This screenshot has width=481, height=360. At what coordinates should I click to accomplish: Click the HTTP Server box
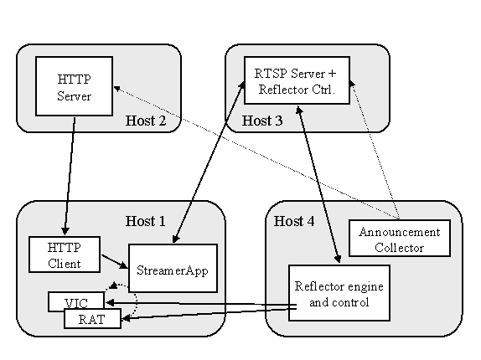[75, 86]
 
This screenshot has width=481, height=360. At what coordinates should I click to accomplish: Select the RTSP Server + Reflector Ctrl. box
[297, 80]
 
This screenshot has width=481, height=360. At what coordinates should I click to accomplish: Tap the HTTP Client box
[65, 255]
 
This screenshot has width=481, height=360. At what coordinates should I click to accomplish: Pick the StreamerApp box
[173, 268]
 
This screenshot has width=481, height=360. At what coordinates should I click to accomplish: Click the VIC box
[76, 301]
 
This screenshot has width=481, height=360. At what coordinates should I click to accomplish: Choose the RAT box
[92, 319]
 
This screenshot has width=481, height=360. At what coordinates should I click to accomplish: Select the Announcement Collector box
[400, 238]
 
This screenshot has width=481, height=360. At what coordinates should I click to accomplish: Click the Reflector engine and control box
[339, 293]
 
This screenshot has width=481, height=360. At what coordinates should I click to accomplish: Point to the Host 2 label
[146, 121]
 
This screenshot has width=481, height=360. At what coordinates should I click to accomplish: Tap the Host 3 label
[262, 121]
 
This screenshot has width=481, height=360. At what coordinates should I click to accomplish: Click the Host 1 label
[146, 221]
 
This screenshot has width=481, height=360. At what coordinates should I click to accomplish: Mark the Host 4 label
[294, 221]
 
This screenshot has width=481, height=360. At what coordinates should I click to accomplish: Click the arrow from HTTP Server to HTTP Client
[70, 176]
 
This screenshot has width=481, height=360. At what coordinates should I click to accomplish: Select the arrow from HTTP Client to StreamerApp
[115, 262]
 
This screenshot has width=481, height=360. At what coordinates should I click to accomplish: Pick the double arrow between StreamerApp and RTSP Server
[209, 162]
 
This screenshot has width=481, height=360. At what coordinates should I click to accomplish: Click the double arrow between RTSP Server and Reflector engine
[318, 184]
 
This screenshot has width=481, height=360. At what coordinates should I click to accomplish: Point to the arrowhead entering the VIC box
[110, 303]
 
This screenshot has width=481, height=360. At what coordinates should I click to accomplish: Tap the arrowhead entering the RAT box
[127, 319]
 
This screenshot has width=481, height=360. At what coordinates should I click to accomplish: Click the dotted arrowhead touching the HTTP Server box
[116, 89]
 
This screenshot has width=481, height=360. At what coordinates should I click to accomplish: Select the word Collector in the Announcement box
[400, 248]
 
